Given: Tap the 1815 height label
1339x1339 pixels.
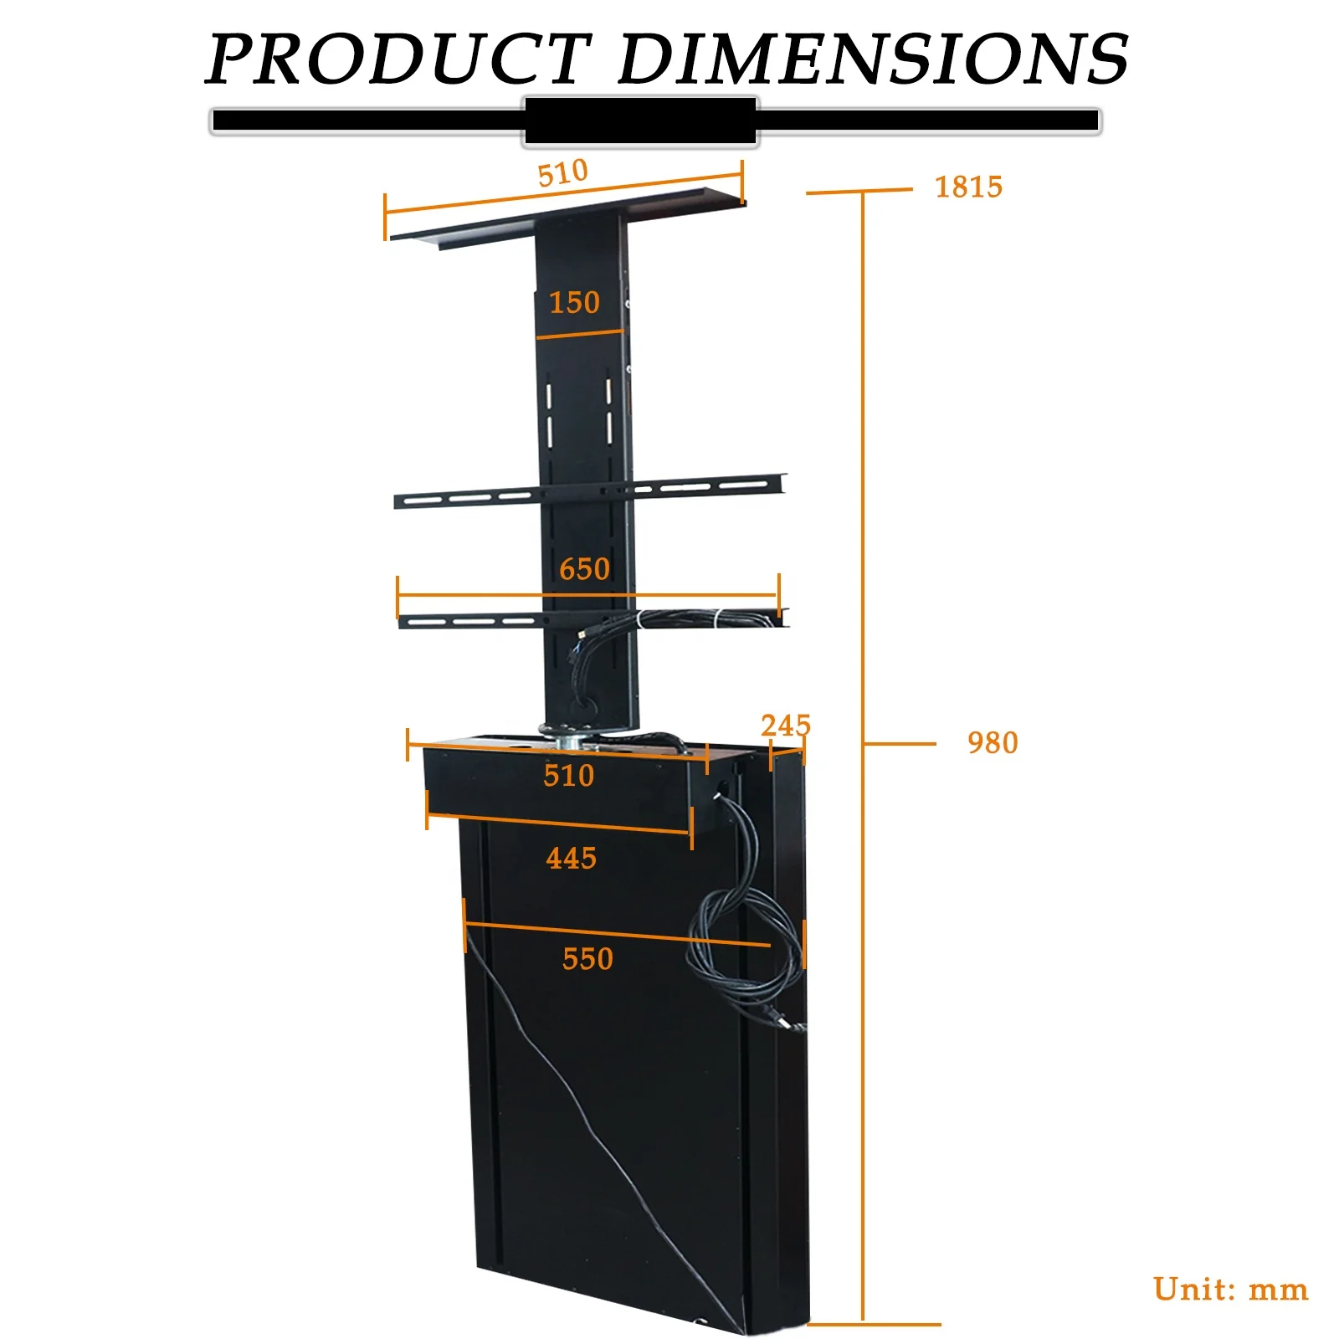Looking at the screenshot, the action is click(968, 187).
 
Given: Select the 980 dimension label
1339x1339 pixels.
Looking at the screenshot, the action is click(993, 742).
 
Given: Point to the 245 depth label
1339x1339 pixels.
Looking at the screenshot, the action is click(786, 725).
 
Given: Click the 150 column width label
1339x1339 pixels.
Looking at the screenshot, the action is click(574, 302).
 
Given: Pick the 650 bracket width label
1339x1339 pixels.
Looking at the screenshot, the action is click(584, 569).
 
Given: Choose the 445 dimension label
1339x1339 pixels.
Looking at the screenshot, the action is click(571, 858).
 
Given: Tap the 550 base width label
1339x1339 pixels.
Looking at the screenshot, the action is click(587, 958).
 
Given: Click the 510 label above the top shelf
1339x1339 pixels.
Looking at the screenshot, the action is click(562, 173).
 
